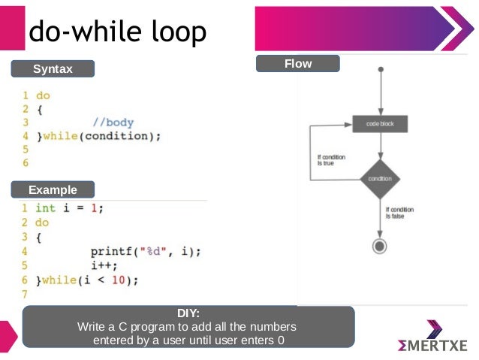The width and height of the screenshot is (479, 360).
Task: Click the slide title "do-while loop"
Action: point(116,32)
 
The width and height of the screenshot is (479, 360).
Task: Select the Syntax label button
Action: point(53,69)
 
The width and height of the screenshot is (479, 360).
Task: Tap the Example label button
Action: point(52,189)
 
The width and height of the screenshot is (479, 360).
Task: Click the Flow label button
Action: point(297,64)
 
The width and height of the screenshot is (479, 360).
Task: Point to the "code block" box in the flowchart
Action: point(380,123)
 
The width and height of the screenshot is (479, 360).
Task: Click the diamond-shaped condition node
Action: point(380,179)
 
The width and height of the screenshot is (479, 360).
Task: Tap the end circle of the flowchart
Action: point(380,246)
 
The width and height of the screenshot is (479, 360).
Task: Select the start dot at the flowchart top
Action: point(381,70)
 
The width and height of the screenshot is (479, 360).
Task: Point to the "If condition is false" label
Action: point(399,213)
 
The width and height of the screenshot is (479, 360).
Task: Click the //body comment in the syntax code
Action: point(113,123)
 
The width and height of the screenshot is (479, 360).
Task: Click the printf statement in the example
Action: point(146,252)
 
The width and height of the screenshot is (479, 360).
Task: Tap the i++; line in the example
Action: point(104,265)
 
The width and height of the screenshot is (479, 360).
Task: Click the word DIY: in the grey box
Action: point(188,313)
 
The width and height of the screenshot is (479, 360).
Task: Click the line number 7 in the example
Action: point(24,293)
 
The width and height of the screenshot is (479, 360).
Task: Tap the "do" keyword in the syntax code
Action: point(43,96)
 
